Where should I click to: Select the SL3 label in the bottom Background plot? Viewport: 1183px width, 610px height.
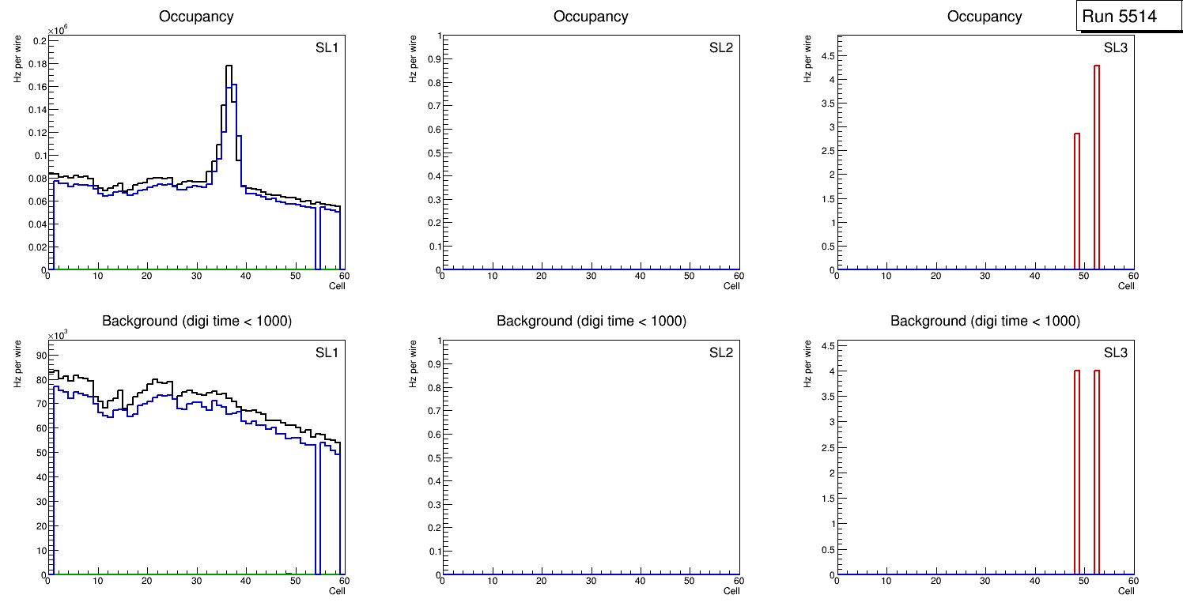(1115, 352)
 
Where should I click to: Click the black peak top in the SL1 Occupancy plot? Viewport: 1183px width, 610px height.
(229, 66)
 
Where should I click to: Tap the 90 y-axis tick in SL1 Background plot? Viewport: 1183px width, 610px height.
(40, 355)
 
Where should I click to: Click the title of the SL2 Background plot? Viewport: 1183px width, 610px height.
(591, 321)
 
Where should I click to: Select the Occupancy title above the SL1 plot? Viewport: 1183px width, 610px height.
(196, 16)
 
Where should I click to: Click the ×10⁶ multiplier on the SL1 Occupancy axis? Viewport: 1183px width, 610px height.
(57, 31)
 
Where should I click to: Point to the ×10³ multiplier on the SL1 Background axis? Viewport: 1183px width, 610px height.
(57, 336)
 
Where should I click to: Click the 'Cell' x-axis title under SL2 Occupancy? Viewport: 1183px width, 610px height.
(731, 286)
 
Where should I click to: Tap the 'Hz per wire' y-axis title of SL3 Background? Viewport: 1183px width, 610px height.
(807, 363)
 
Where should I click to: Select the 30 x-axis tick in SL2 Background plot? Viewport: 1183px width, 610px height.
(591, 581)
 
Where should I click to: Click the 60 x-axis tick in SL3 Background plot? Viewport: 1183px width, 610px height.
(1132, 581)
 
